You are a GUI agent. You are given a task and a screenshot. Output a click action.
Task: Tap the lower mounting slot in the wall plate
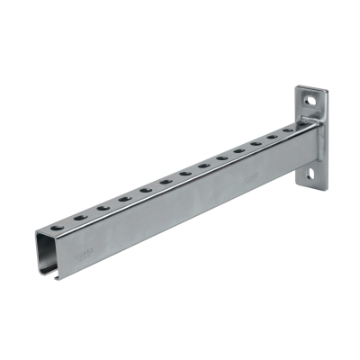pos(314,174)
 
